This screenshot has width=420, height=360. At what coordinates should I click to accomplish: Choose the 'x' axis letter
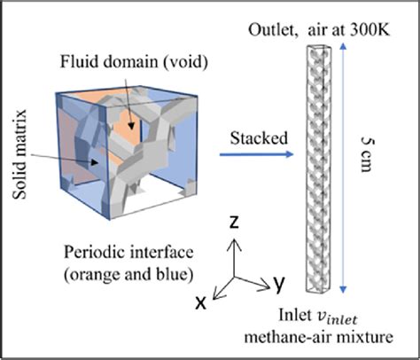click(x=202, y=302)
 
